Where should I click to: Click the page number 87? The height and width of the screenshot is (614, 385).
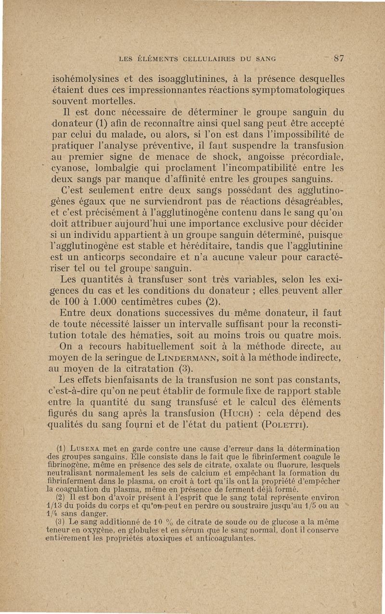tap(339, 59)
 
